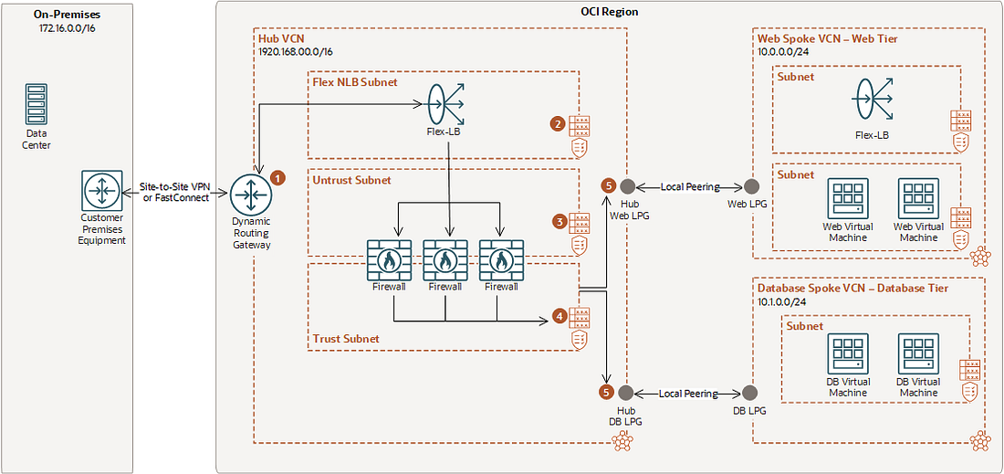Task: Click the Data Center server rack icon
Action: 37,104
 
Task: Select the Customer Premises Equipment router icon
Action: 101,190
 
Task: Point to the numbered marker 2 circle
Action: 558,123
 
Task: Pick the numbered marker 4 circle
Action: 559,317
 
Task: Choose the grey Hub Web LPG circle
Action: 627,186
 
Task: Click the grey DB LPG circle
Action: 750,393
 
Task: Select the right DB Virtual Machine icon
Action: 918,353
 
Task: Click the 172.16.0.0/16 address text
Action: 66,29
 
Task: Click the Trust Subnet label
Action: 346,339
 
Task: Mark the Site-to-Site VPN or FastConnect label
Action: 174,191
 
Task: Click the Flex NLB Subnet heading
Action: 354,82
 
